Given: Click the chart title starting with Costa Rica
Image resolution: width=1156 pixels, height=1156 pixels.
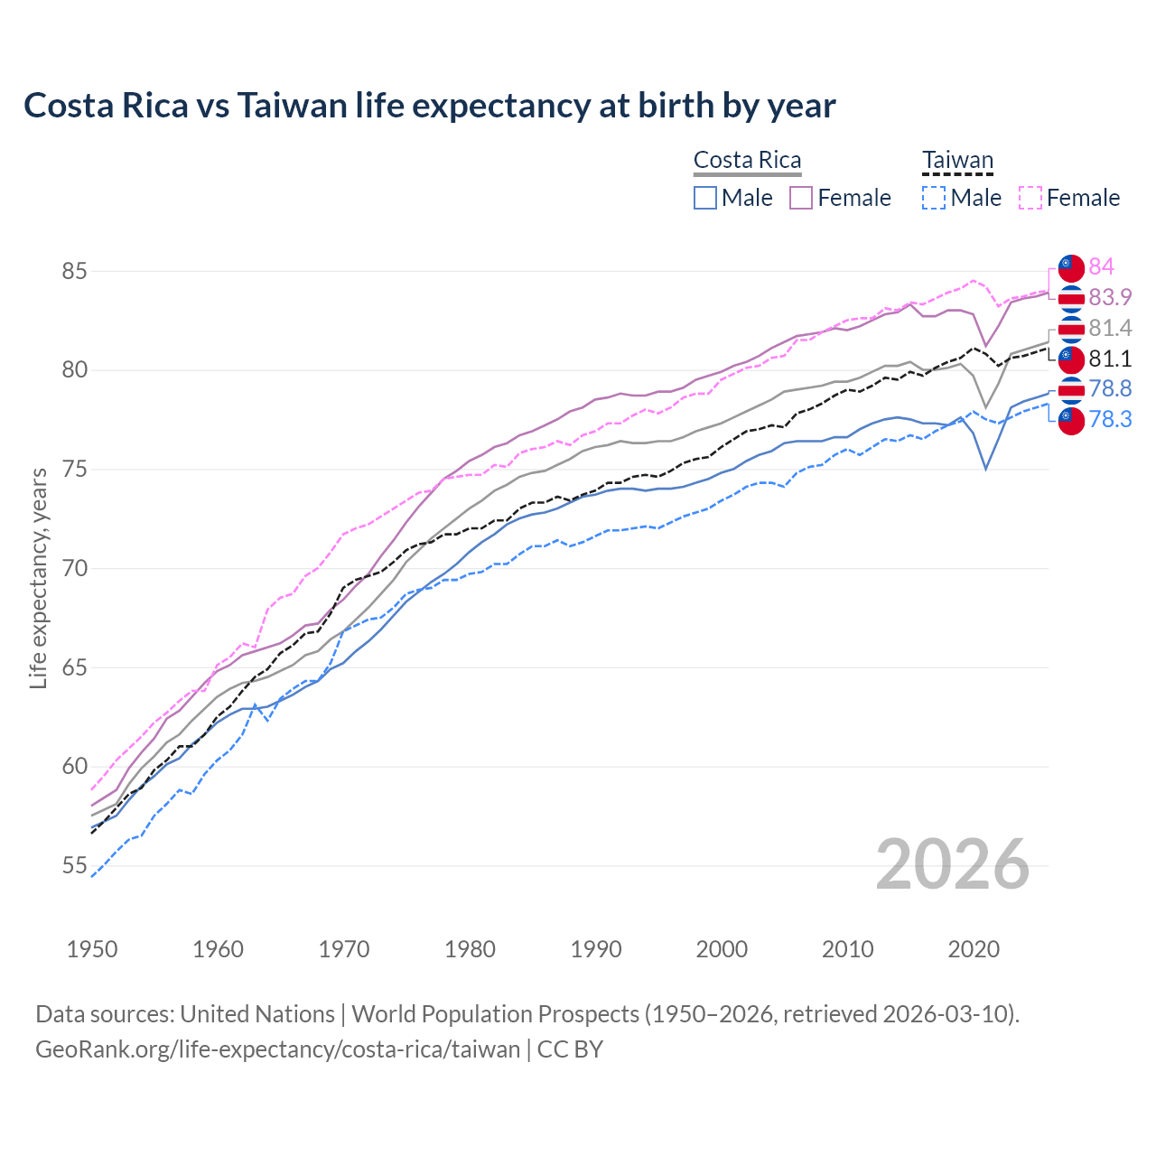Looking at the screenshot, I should coord(429,106).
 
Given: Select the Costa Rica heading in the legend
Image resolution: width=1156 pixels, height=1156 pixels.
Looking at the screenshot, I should coord(747,161).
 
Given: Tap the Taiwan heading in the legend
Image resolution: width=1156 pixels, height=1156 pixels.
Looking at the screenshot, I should coord(957,161).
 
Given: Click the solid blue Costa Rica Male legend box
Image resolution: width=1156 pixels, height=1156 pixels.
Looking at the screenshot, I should coord(705,198).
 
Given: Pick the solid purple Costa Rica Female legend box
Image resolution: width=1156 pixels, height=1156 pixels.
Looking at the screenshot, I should coord(801,198).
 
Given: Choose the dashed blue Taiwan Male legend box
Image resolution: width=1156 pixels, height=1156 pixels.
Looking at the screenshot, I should coord(934,198).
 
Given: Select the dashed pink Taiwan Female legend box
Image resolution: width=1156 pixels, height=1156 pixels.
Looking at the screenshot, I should coord(1030,198).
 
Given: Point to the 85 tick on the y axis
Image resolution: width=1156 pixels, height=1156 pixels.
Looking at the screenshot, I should coord(75,271).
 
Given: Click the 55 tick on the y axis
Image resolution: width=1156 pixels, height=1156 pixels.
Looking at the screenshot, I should coord(75,866).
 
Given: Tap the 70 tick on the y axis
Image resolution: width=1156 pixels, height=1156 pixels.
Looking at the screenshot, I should coord(75,569).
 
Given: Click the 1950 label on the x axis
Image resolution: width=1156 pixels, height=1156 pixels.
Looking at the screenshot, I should coord(92,949).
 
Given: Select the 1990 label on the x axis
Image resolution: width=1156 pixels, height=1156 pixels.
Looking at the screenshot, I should coord(596,949).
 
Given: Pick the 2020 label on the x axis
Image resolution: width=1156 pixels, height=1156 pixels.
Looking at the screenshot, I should coord(974,949).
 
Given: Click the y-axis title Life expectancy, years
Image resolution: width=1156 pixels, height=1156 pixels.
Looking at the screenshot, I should coord(38,578).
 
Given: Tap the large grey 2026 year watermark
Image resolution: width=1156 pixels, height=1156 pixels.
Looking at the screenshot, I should coord(953,864).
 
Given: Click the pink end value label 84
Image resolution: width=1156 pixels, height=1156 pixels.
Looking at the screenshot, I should coord(1101,266).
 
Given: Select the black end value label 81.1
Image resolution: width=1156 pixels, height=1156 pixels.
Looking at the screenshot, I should coord(1110,359).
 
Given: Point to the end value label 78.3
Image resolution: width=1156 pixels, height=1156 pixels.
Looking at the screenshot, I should coord(1110,419).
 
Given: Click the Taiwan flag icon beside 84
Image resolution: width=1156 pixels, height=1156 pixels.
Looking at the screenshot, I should coord(1070,266).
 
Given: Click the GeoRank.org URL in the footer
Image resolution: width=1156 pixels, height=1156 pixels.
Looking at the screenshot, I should coord(277,1049).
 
